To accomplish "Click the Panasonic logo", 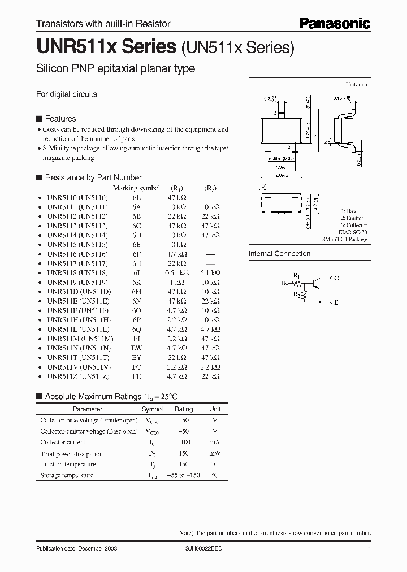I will pyautogui.click(x=335, y=23).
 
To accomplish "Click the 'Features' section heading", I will pyautogui.click(x=60, y=119).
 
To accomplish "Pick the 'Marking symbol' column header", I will pyautogui.click(x=136, y=188).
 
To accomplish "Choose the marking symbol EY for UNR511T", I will pyautogui.click(x=136, y=357).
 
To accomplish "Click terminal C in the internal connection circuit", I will pyautogui.click(x=336, y=278).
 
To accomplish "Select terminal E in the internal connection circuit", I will pyautogui.click(x=336, y=302).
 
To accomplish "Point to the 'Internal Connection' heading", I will pyautogui.click(x=279, y=254).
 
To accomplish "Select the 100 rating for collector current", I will pyautogui.click(x=184, y=442).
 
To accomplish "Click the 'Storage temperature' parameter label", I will pyautogui.click(x=67, y=475).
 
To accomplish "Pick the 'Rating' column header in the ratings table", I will pyautogui.click(x=184, y=409).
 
